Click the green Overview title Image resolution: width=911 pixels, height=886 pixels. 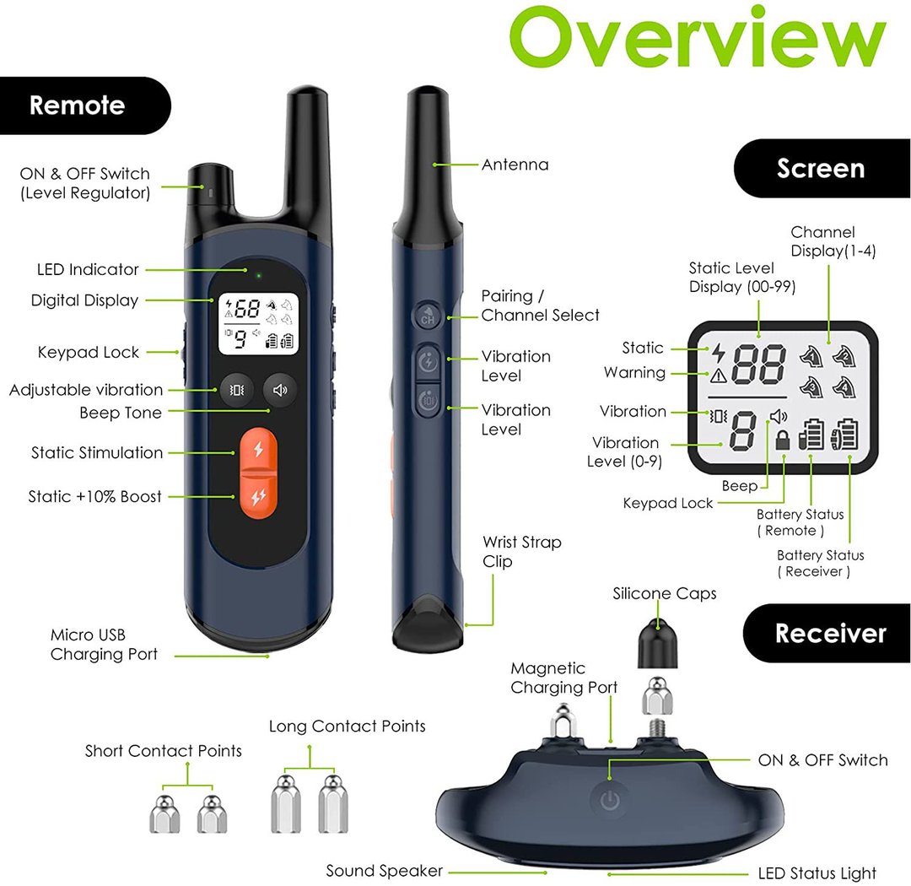[x=698, y=37]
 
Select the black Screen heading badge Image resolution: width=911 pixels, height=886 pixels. [x=822, y=169]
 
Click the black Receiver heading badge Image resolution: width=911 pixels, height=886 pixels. [x=827, y=633]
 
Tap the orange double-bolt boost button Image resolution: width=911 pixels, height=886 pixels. [x=259, y=497]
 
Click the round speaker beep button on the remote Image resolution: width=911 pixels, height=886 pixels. [x=279, y=390]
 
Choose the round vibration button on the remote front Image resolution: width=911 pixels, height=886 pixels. [x=236, y=390]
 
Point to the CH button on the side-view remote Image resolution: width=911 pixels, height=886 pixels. [x=428, y=316]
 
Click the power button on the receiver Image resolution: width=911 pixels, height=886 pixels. [x=610, y=801]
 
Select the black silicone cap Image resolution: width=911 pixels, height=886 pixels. [x=658, y=643]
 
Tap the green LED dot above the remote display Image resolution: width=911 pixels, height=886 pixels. [x=259, y=275]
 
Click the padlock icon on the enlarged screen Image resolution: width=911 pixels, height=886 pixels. [x=783, y=440]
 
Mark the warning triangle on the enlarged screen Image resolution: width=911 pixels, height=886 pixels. [x=719, y=375]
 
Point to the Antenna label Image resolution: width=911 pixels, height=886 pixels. [x=515, y=165]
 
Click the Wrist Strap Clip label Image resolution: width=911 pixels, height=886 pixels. [x=522, y=552]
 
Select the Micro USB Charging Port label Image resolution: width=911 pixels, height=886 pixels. [x=104, y=644]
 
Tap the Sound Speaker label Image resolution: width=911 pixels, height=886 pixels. [x=384, y=871]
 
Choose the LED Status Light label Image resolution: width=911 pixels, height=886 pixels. [x=817, y=873]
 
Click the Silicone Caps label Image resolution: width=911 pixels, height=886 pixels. [x=665, y=593]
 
